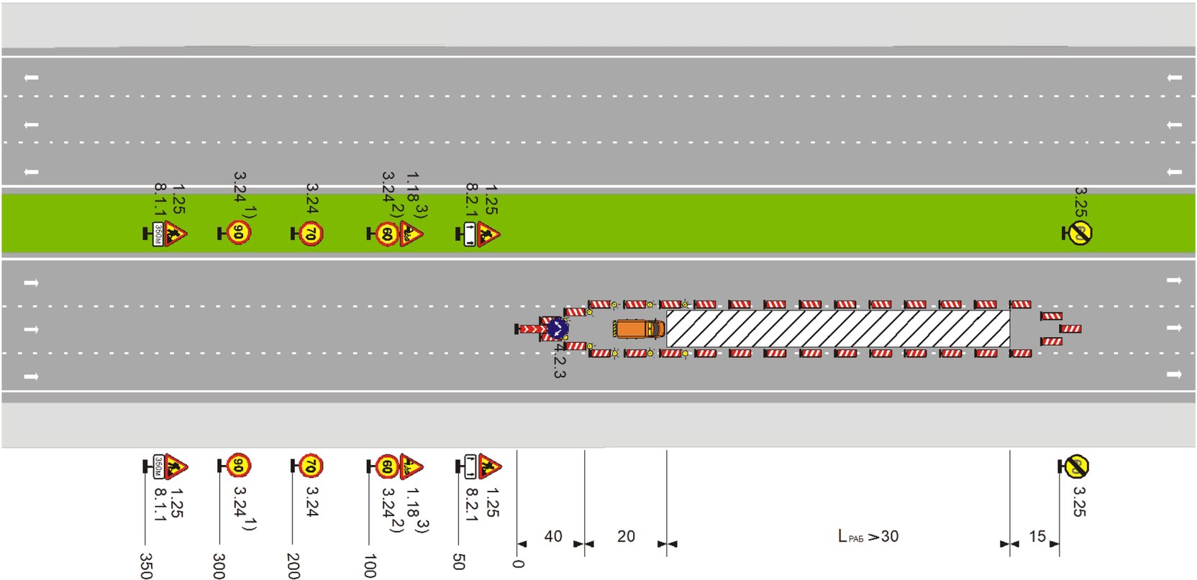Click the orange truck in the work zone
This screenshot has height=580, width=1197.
[x=638, y=328]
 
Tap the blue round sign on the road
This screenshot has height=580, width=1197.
[x=557, y=329]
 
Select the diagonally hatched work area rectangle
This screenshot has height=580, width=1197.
[x=837, y=328]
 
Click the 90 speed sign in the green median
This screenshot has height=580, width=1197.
[x=239, y=233]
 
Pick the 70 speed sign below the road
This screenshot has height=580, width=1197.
[x=310, y=466]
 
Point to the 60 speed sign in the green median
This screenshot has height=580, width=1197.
[x=387, y=234]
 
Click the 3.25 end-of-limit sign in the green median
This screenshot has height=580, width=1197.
[x=1079, y=233]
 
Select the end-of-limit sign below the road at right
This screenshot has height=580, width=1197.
[x=1075, y=466]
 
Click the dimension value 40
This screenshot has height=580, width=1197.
[x=552, y=536]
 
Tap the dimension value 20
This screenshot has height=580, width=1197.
[x=626, y=536]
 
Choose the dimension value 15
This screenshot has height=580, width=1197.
[x=1037, y=536]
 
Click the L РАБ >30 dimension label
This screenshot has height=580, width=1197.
[x=868, y=536]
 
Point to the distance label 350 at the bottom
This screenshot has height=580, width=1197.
[x=145, y=566]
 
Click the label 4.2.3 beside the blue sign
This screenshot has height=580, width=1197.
[x=560, y=361]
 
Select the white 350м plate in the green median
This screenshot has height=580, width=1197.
[x=158, y=234]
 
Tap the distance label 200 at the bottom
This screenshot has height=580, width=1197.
[x=293, y=566]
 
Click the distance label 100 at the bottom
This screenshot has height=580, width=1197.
[x=370, y=566]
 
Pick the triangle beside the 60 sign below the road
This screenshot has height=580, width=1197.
[x=411, y=466]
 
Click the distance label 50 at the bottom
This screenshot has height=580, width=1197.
[x=459, y=562]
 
